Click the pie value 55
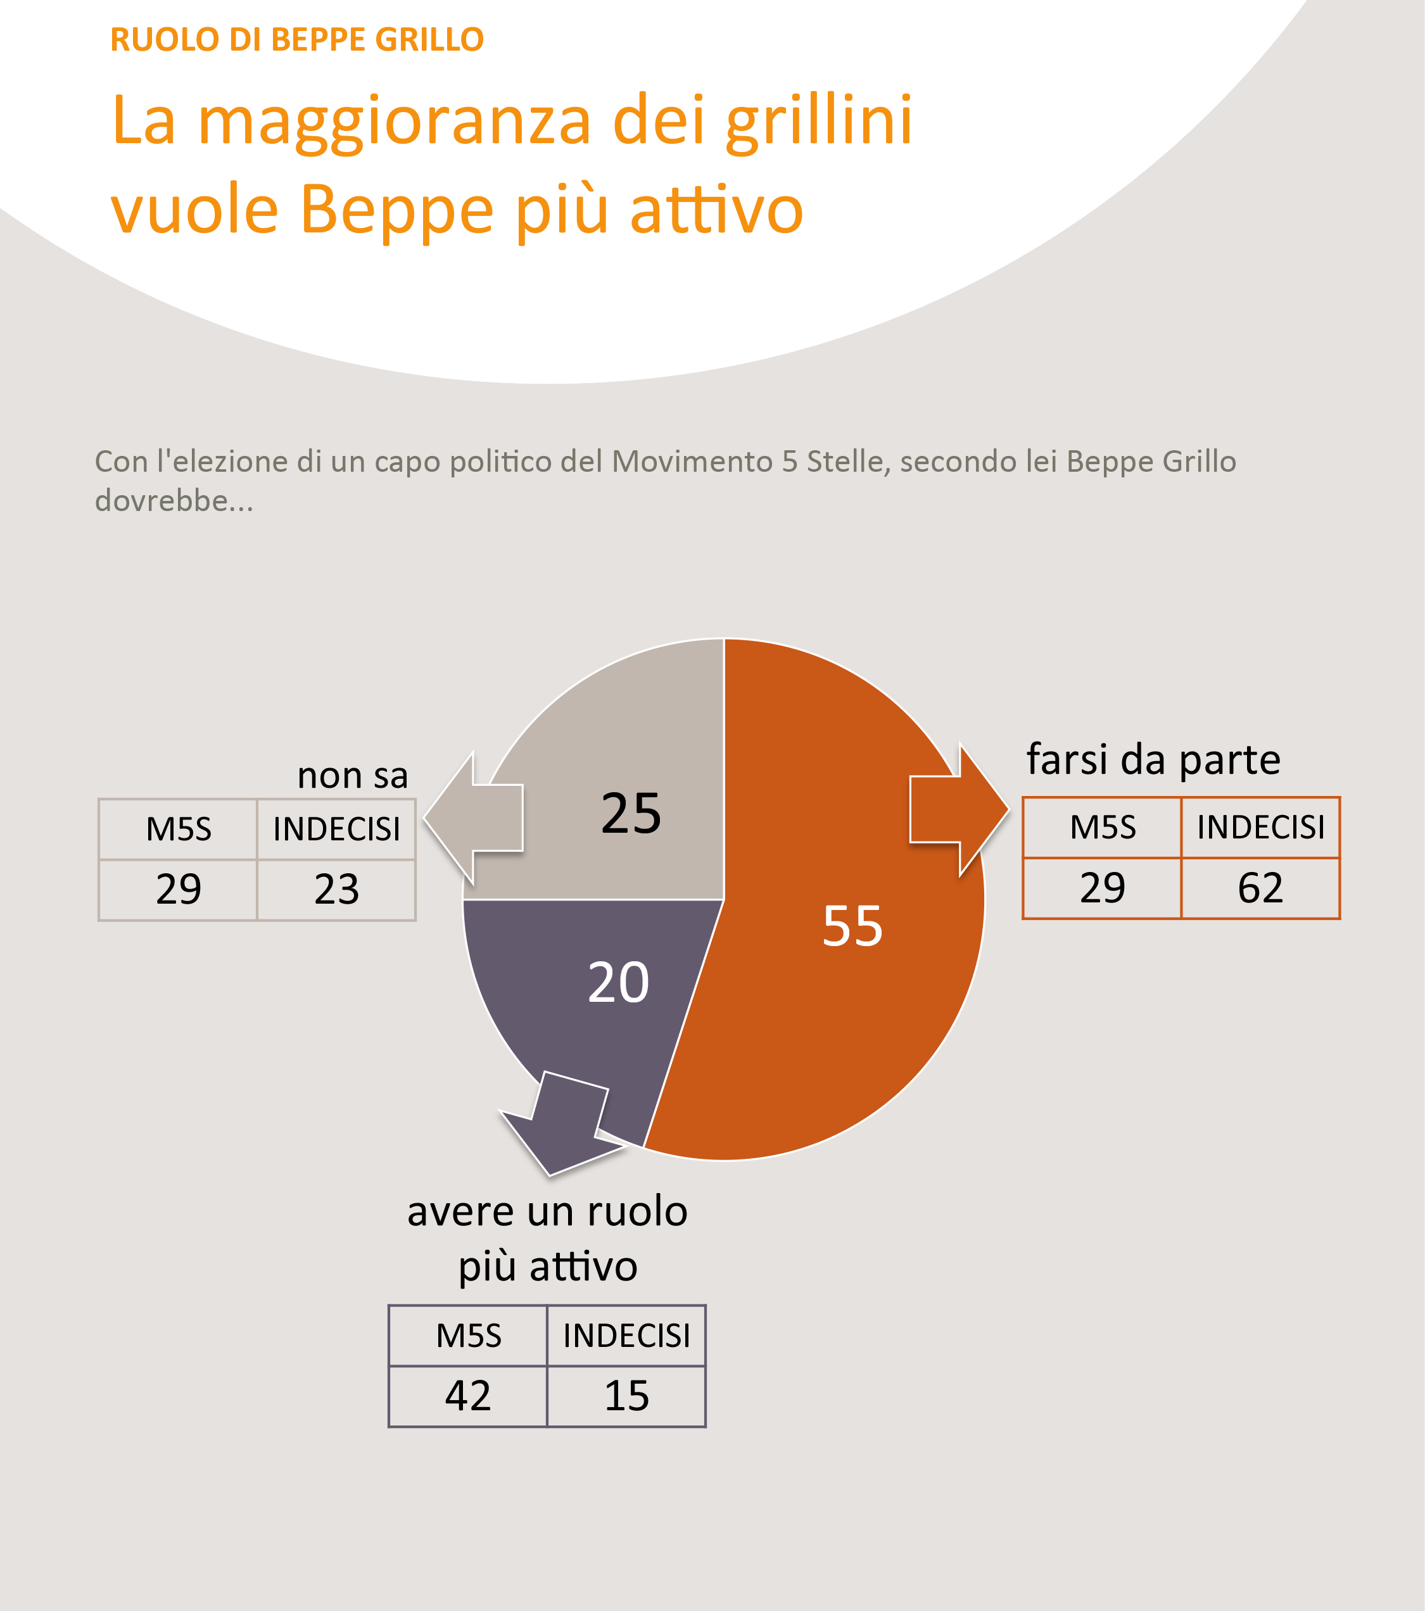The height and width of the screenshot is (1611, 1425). coord(852,925)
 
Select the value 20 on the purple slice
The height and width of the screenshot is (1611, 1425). coord(619,982)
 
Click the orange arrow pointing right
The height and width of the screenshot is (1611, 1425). coord(958,809)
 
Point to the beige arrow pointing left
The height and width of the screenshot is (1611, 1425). coord(475,818)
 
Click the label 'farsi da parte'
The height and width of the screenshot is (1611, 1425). coord(1153,760)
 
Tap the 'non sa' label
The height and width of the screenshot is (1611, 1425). coord(352,776)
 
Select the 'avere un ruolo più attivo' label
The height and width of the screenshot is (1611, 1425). coord(547,1238)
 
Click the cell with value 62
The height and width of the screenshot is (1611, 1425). coord(1260,888)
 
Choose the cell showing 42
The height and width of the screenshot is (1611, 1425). coord(468,1396)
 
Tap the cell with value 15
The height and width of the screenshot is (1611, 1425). coord(626,1396)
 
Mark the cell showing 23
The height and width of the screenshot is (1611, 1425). coord(336,890)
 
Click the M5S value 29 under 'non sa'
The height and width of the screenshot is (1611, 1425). coord(178,890)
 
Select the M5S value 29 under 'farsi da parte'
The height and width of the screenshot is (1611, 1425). coord(1102,888)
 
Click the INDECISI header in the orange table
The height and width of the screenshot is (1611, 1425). coord(1260,828)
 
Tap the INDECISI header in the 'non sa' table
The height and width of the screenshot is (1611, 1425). coord(336,829)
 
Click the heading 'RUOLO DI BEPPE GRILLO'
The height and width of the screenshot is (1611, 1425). coord(296,39)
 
